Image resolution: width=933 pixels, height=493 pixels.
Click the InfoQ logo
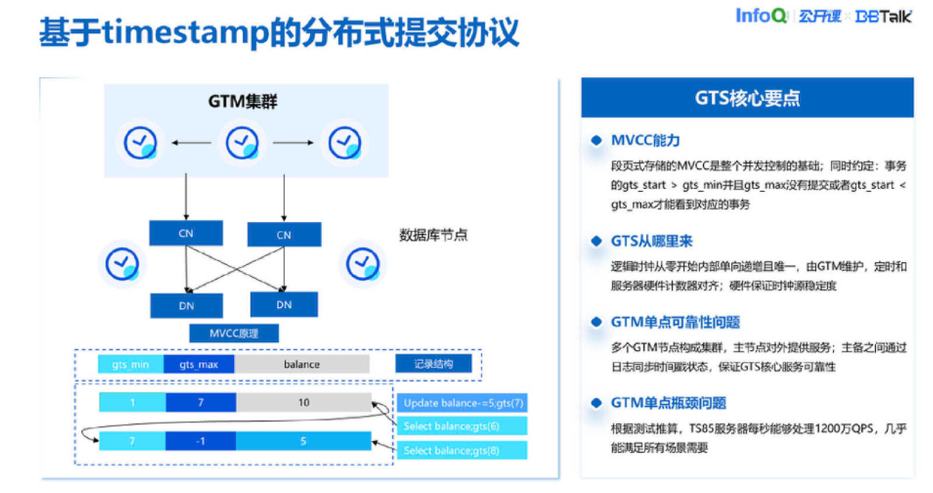tap(761, 16)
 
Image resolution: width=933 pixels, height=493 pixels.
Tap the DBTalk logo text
tap(883, 16)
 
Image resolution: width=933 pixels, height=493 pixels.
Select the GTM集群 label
tap(242, 101)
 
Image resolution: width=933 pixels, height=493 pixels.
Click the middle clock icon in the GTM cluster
tap(241, 142)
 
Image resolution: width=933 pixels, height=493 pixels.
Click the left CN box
tap(186, 233)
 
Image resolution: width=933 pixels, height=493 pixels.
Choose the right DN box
tap(284, 304)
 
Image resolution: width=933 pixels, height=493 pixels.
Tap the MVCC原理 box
tap(234, 333)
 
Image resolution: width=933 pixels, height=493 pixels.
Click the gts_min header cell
tap(131, 364)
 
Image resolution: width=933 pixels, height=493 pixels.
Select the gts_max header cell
tap(198, 364)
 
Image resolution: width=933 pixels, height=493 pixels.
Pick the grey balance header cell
tap(302, 364)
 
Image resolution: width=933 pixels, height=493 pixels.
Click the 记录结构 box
tap(433, 363)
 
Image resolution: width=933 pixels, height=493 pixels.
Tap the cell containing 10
tap(303, 403)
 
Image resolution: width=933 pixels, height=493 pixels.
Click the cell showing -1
tap(201, 441)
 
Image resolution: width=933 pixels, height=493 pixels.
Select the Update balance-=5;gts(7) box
tap(462, 403)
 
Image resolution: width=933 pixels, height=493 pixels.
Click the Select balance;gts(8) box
tap(462, 450)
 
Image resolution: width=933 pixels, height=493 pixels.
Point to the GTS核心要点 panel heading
tap(747, 98)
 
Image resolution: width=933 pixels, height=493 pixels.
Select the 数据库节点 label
tap(434, 235)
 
